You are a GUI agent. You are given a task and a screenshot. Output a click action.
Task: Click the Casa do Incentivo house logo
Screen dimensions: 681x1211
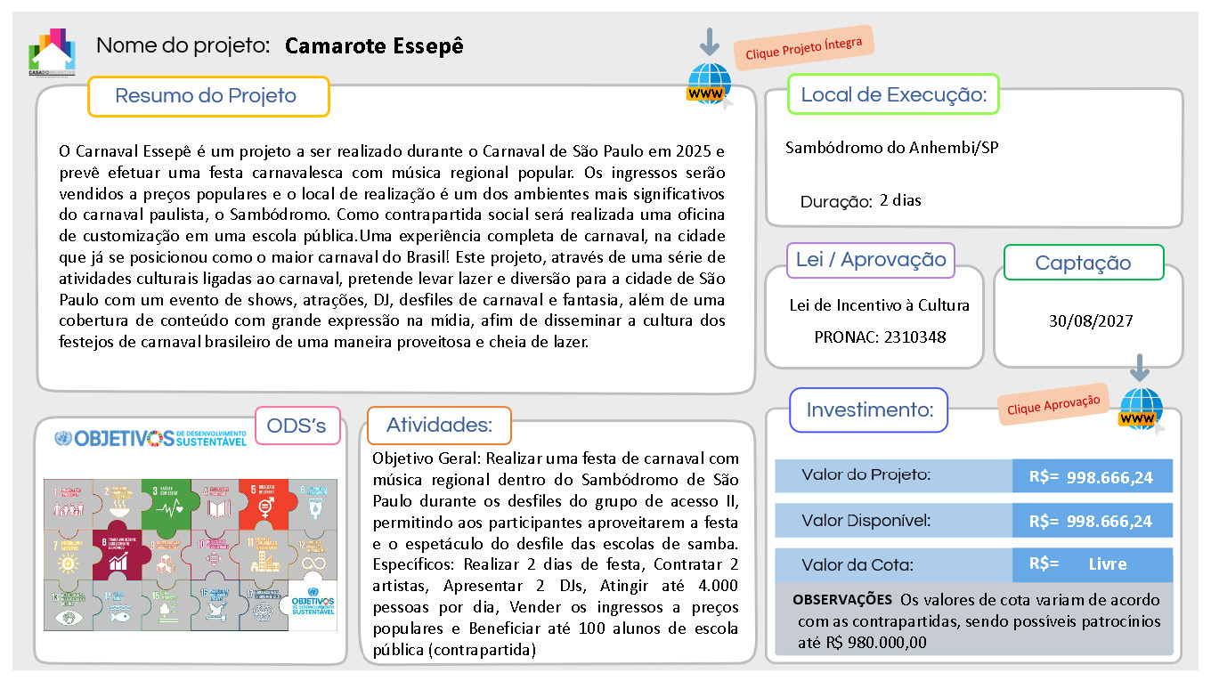53,53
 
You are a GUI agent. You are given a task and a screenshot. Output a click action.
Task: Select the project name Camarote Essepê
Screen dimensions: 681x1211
374,46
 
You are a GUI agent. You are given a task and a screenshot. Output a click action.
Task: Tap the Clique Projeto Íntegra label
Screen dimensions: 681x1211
803,48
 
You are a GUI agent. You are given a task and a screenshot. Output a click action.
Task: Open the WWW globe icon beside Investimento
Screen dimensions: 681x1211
1141,410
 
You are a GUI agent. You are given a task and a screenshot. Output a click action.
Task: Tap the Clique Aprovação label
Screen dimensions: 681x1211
1053,403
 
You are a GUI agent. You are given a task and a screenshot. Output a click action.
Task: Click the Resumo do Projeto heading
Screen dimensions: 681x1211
207,96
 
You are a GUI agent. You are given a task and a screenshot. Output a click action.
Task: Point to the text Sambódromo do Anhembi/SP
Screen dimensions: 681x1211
891,148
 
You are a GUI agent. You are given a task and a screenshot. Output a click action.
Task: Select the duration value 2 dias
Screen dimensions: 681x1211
900,200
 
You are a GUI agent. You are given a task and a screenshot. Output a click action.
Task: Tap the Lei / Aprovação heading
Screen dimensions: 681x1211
871,260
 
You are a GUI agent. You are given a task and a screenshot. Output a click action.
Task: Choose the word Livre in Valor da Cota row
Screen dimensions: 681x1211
1108,564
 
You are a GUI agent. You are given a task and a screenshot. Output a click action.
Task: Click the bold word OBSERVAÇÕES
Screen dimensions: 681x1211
841,600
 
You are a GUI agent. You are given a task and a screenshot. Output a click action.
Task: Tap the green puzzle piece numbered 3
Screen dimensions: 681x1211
166,503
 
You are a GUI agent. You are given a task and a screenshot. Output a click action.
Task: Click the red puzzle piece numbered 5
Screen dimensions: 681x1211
264,503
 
